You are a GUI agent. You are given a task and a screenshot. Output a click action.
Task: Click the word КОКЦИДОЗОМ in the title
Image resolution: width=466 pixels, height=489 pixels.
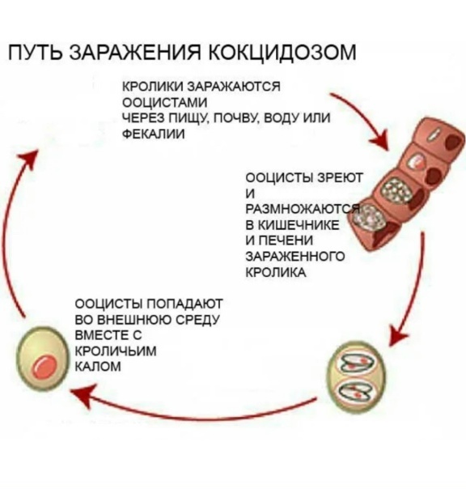[282, 52]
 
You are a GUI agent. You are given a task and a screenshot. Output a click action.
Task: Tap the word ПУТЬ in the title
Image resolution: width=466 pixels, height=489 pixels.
[36, 52]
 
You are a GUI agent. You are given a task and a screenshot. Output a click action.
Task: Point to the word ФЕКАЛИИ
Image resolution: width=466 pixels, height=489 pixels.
[154, 134]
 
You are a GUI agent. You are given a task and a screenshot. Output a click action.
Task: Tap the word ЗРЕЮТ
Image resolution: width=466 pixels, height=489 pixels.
[340, 178]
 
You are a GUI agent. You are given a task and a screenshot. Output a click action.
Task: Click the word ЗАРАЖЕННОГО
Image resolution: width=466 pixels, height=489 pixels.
[295, 257]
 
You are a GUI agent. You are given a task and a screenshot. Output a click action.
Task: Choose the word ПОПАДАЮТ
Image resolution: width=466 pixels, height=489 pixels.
[184, 304]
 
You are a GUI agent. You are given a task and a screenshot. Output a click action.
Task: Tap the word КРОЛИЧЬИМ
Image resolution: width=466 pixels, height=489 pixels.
[116, 351]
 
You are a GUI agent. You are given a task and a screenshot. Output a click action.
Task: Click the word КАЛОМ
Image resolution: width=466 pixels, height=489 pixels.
[98, 367]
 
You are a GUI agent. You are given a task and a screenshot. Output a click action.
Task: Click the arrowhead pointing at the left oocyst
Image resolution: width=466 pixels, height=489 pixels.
[81, 393]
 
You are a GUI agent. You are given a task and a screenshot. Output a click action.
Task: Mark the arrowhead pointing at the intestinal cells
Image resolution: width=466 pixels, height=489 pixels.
[381, 140]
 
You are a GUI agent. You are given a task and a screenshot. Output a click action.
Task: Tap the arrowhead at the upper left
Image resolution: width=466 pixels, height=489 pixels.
[30, 159]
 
